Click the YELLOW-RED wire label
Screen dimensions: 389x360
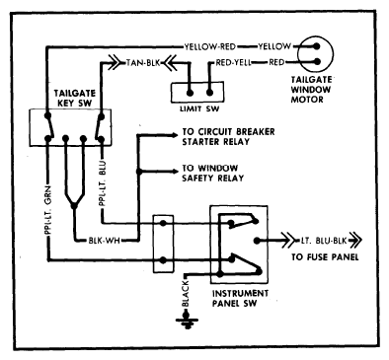click(209, 46)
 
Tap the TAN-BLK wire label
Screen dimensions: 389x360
click(143, 62)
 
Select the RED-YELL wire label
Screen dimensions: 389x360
click(233, 62)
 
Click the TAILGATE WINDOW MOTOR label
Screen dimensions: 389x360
click(311, 90)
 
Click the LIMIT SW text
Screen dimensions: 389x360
click(199, 108)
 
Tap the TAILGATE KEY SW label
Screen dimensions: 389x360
click(75, 98)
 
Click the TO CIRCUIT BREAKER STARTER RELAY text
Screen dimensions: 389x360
click(228, 137)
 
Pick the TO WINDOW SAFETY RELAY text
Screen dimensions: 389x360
click(213, 173)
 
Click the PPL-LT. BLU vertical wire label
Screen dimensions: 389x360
click(103, 182)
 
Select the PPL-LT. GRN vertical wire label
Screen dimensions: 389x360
click(48, 210)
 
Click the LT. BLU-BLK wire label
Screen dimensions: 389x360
click(324, 241)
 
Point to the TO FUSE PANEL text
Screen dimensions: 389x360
click(325, 256)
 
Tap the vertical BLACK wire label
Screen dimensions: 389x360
click(186, 293)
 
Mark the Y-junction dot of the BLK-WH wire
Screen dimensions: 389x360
click(74, 206)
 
